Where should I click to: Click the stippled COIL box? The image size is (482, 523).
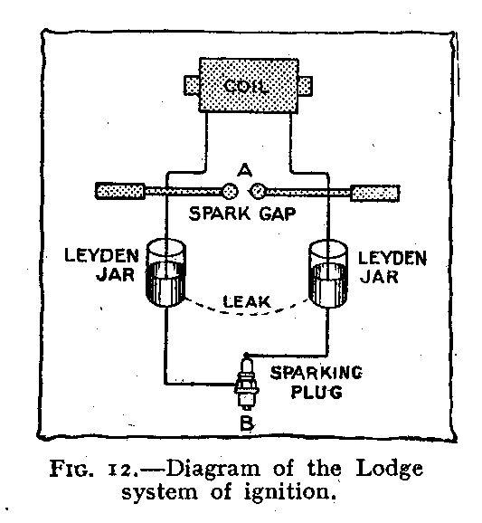(x=249, y=85)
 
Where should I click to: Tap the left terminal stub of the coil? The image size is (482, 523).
(x=192, y=85)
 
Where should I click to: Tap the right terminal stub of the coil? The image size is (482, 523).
(x=306, y=86)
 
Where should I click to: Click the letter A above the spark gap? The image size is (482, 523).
(x=245, y=171)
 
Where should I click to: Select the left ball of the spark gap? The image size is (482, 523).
(x=230, y=191)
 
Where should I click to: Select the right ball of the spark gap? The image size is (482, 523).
(x=258, y=191)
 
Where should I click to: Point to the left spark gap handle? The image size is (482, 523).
(x=120, y=191)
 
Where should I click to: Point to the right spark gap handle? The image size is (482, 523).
(x=375, y=194)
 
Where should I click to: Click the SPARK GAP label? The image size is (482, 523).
(x=242, y=214)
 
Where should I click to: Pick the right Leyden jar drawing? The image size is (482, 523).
(x=328, y=273)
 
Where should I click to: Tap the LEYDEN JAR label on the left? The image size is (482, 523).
(x=101, y=265)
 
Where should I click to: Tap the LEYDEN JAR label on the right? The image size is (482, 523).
(x=392, y=267)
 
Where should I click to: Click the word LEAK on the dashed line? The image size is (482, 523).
(x=247, y=302)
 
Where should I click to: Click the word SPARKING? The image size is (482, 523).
(x=316, y=373)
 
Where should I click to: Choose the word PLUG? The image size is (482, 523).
(x=317, y=392)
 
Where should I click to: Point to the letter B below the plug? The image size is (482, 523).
(x=247, y=423)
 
